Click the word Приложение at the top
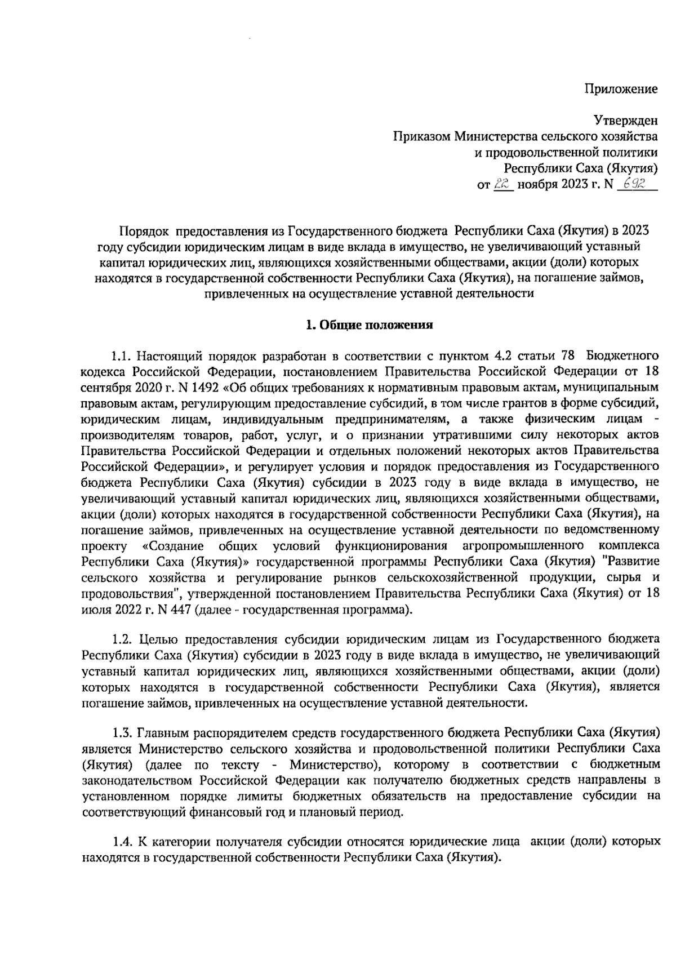620,88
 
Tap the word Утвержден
625,119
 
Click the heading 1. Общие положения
369,324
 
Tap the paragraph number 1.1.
122,357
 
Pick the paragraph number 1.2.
122,639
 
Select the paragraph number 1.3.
122,732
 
